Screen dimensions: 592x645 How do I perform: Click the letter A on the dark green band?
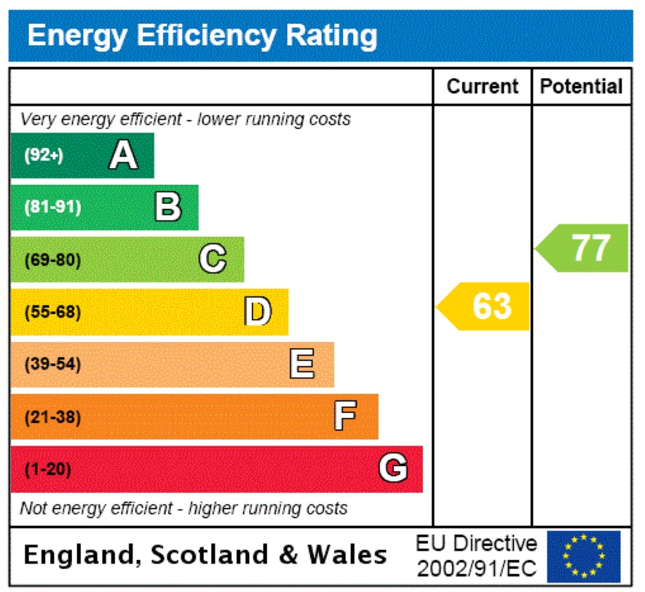tap(123, 155)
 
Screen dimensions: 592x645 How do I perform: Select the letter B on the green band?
tap(168, 207)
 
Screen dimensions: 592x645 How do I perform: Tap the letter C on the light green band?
tap(213, 259)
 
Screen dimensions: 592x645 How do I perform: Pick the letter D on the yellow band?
tap(258, 312)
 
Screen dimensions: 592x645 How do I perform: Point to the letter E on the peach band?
tap(302, 364)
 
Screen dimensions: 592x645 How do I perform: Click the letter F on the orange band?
tap(346, 417)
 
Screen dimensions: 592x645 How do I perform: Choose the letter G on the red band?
tap(393, 469)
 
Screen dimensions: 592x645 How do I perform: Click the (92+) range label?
tap(44, 155)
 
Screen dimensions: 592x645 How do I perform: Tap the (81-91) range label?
tap(52, 207)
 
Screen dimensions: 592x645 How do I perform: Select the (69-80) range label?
tap(52, 259)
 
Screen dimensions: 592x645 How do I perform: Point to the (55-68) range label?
tap(52, 312)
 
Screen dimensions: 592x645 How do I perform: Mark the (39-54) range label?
tap(52, 364)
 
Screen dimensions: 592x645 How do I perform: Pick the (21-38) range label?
tap(52, 417)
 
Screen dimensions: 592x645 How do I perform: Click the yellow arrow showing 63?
tap(484, 306)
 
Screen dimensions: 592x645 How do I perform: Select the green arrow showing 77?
tap(583, 248)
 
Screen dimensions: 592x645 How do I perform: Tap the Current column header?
tap(483, 87)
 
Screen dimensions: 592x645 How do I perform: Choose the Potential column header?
tap(582, 87)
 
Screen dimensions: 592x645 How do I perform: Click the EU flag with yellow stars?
tap(584, 556)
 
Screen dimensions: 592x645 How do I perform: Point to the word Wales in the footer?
tap(347, 555)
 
